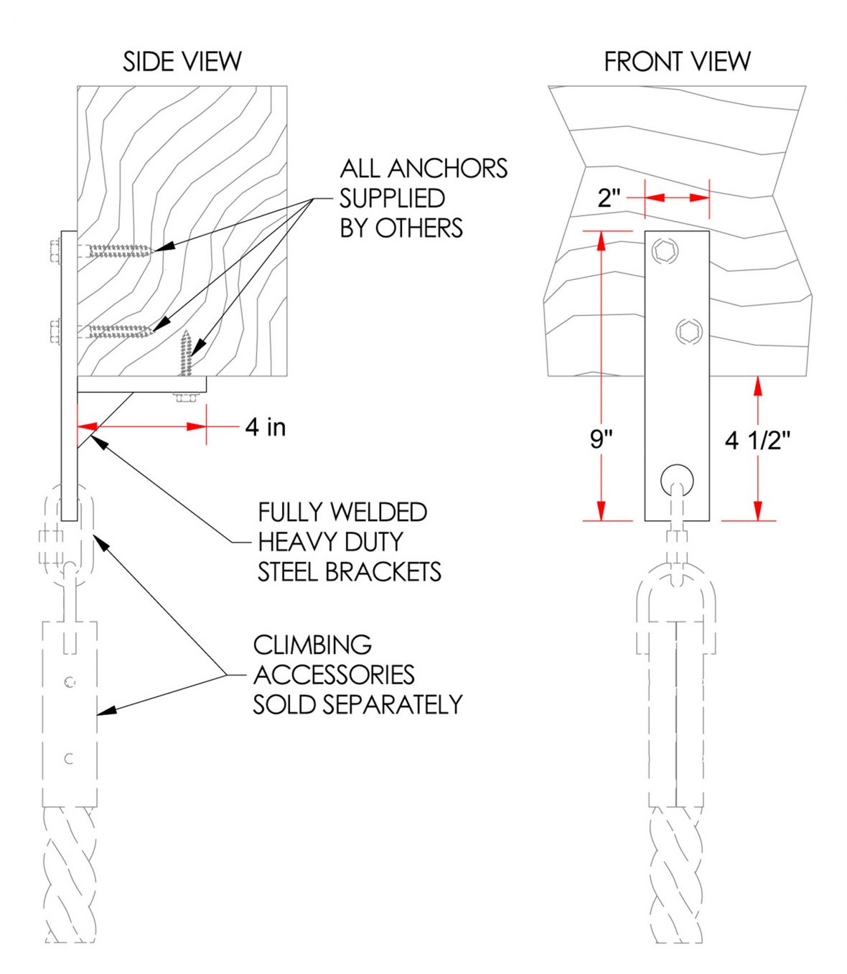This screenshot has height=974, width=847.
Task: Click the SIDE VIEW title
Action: pos(182,62)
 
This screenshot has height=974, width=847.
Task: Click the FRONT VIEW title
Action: pos(677,62)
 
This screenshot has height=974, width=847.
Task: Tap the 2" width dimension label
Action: pos(609,197)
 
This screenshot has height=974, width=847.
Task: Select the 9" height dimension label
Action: pos(602,439)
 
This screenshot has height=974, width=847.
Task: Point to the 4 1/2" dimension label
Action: pos(757,440)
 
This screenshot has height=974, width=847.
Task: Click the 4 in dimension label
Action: pos(266,427)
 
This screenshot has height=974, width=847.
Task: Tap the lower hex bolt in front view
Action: pos(690,331)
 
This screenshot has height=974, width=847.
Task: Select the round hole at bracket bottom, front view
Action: pos(677,478)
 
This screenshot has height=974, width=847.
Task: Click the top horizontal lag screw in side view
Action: pos(115,250)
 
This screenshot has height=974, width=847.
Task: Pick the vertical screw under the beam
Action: pos(187,355)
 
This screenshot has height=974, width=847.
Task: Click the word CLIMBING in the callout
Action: pos(312,645)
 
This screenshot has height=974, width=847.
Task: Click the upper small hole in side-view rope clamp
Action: pos(70,682)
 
